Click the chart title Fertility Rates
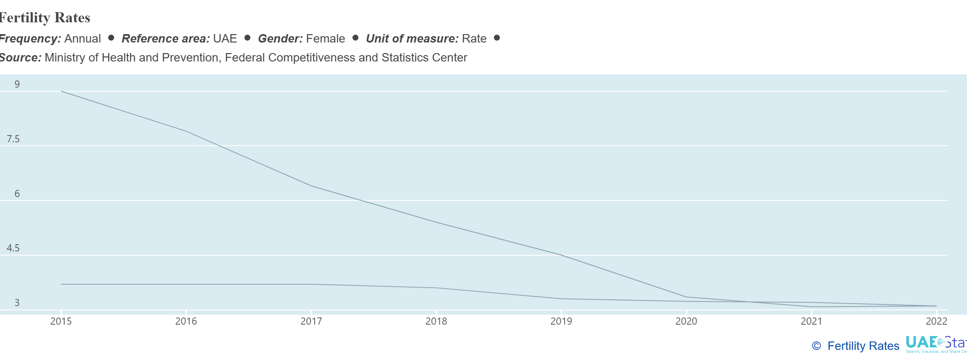click(x=45, y=18)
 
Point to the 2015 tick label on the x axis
click(x=61, y=321)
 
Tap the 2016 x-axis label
click(x=186, y=321)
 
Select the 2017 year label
click(x=311, y=321)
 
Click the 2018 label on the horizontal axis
click(x=436, y=321)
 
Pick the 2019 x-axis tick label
click(x=561, y=321)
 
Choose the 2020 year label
click(x=686, y=321)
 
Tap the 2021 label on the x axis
click(x=811, y=321)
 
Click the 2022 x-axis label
click(x=936, y=321)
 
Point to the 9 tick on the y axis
click(x=17, y=84)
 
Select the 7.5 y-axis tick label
click(x=13, y=139)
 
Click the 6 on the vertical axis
click(x=17, y=194)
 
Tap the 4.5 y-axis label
click(x=13, y=248)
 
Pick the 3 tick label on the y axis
click(x=17, y=303)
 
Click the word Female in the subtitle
click(x=325, y=39)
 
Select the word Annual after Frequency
click(x=83, y=39)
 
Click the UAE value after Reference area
click(x=225, y=39)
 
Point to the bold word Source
click(x=20, y=58)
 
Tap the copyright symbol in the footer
click(x=816, y=346)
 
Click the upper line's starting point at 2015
click(x=61, y=91)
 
